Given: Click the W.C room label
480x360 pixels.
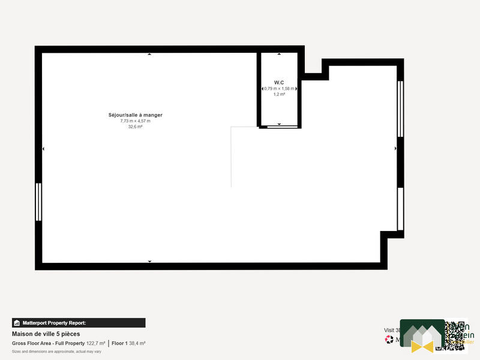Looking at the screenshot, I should tap(279, 82).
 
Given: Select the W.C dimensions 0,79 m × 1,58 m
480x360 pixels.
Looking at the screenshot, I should tap(279, 89).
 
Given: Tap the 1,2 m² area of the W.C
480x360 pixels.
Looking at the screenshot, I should tap(279, 94).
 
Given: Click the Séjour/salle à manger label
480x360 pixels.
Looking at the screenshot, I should tap(135, 115).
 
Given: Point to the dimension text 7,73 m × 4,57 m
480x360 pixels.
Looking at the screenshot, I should tap(135, 121).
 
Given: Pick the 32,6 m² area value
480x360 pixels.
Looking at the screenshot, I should tap(135, 127).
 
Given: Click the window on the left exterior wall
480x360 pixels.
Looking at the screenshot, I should tap(38, 202).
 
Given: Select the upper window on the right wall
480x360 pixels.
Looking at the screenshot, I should tap(400, 109).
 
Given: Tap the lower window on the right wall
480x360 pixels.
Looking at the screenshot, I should tap(400, 209).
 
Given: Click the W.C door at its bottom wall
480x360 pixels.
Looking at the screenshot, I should tap(279, 127).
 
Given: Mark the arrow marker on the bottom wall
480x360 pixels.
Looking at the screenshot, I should tap(149, 262).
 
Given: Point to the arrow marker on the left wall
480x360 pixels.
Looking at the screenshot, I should tap(43, 148).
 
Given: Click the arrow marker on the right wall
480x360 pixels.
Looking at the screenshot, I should tap(395, 148).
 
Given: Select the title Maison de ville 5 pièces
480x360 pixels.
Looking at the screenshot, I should tap(46, 334).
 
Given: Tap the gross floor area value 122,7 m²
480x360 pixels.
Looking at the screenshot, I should tap(96, 343).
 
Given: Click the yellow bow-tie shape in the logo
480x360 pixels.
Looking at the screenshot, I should tap(422, 346).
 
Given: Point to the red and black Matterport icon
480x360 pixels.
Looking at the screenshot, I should tap(389, 340).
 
